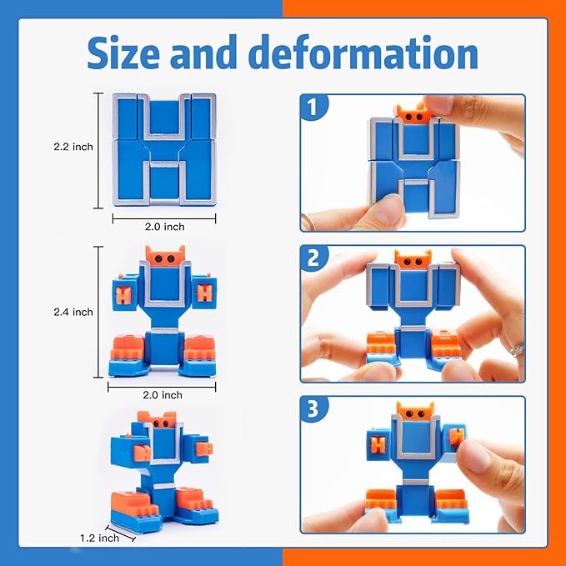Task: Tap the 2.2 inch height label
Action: [73, 147]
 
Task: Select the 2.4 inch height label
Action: [73, 312]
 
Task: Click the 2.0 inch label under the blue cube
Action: [163, 226]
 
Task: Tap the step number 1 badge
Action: [314, 109]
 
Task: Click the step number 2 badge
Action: [314, 259]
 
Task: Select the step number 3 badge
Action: [314, 410]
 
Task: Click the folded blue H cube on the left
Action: [163, 148]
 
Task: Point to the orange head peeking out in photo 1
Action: [413, 116]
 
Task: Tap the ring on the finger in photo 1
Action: [307, 221]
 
